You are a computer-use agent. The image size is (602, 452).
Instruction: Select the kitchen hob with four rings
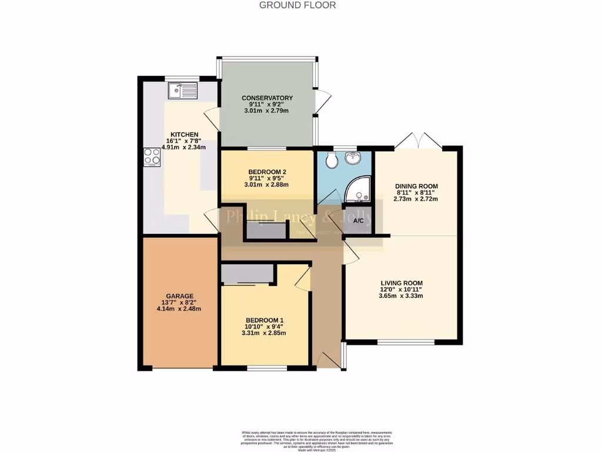click(x=152, y=157)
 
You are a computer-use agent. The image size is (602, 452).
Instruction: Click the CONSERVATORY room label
click(x=267, y=98)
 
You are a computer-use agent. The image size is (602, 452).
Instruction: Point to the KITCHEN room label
click(x=184, y=134)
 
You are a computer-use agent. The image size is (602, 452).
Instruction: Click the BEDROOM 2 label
click(x=267, y=171)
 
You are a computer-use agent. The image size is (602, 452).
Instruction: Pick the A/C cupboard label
click(x=359, y=221)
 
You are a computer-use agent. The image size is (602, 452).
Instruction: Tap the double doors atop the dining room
click(x=418, y=141)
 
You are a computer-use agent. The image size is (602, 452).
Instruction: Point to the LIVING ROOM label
click(x=401, y=283)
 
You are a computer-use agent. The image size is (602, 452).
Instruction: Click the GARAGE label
click(x=179, y=296)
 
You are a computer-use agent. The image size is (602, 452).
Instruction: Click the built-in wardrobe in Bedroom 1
click(x=247, y=274)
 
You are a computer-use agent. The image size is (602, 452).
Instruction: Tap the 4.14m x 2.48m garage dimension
click(x=179, y=309)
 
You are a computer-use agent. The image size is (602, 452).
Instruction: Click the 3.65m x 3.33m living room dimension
click(x=401, y=296)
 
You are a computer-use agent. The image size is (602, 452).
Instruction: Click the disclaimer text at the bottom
click(x=317, y=440)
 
